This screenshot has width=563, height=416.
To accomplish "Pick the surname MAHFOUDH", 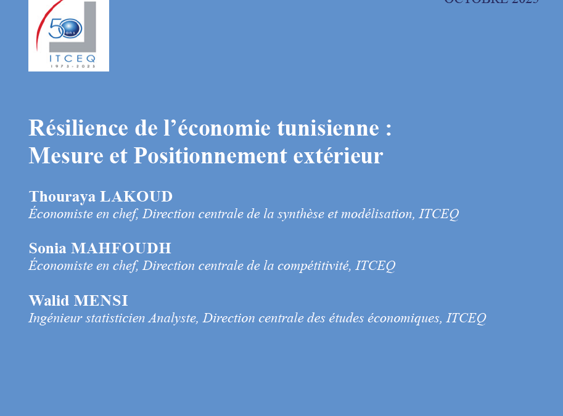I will point(121,248).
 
